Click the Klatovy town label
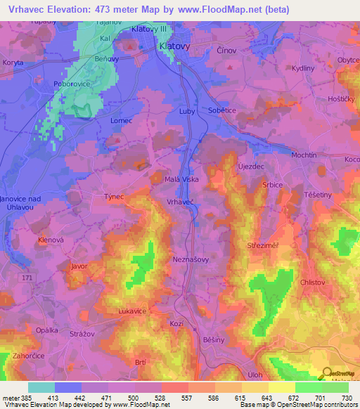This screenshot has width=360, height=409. coord(174,46)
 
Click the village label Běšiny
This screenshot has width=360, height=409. coord(212,338)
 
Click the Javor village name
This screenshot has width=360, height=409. coord(79,267)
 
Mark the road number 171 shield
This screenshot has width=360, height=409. coord(27,280)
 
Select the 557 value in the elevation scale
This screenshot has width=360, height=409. coord(186,398)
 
